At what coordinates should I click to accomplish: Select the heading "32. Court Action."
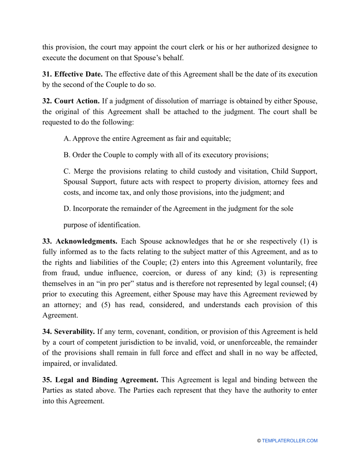pyautogui.click(x=71, y=101)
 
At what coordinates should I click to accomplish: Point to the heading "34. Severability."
pyautogui.click(x=69, y=332)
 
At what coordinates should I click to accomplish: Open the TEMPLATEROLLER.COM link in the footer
pyautogui.click(x=290, y=441)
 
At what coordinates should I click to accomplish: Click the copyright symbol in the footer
pyautogui.click(x=259, y=441)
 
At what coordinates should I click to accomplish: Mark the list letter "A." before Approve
pyautogui.click(x=67, y=139)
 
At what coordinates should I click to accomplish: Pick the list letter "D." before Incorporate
pyautogui.click(x=67, y=208)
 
